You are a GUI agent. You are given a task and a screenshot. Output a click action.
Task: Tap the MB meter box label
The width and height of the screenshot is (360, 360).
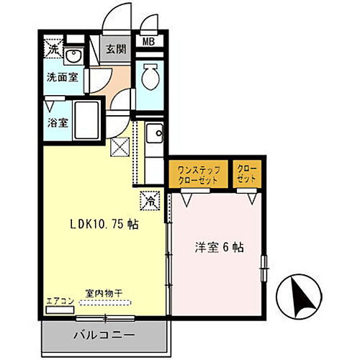(x=149, y=42)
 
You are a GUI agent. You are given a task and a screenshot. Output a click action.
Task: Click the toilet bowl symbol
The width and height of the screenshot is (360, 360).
(x=150, y=76)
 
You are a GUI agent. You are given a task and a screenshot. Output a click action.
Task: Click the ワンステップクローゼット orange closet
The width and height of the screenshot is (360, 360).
(x=194, y=174)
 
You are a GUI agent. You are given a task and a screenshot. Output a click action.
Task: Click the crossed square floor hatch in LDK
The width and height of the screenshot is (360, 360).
(x=120, y=148)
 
